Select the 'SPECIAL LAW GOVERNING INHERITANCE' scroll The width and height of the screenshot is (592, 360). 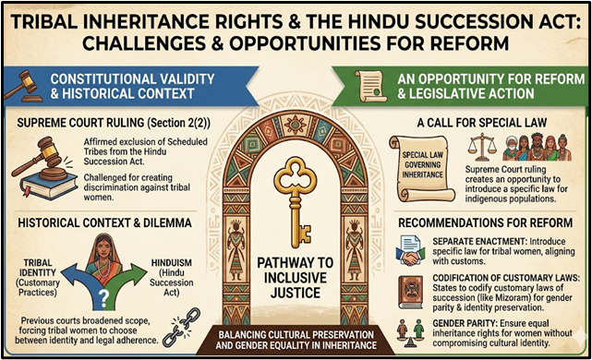[419, 161]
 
